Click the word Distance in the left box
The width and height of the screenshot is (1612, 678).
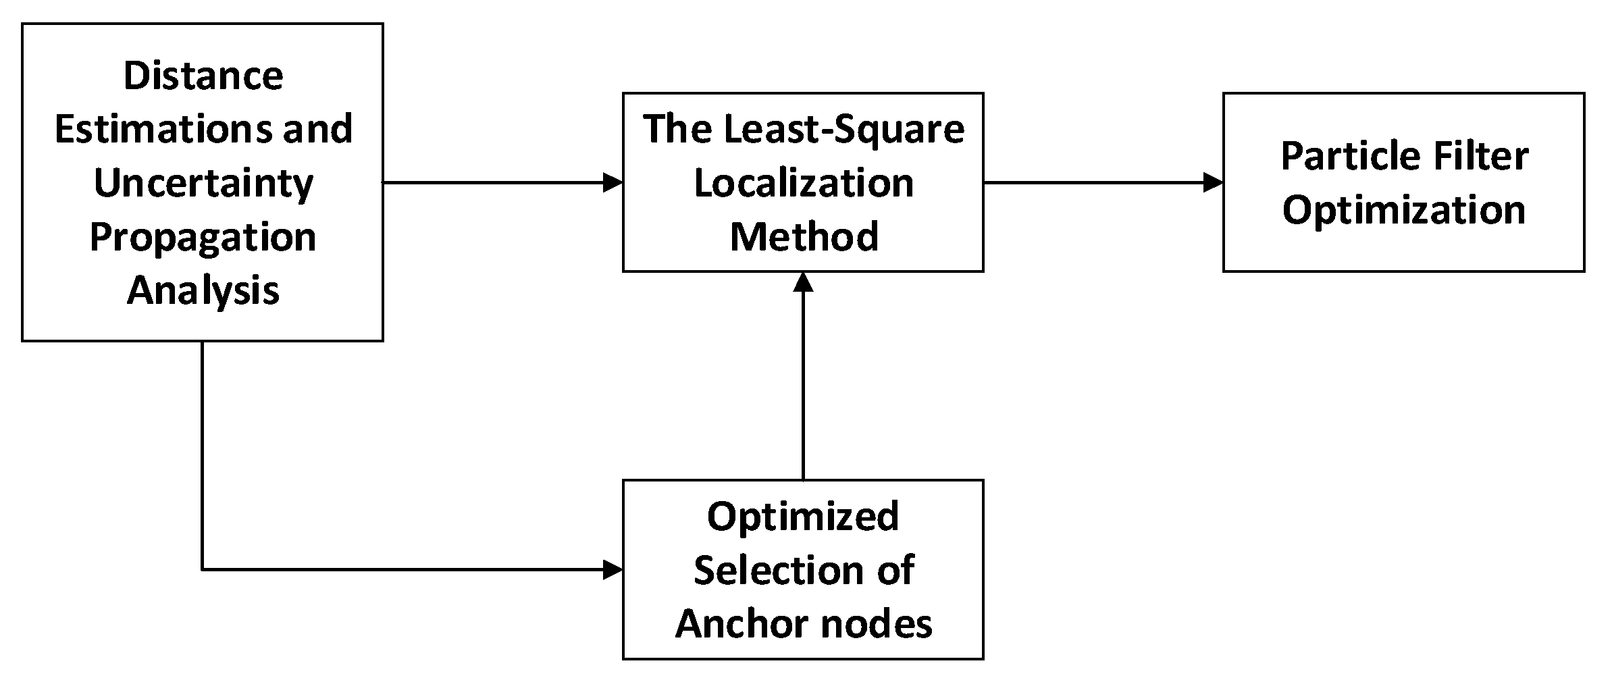pos(203,76)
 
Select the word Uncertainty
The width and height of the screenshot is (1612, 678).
pos(203,184)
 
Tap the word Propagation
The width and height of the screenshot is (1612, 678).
pos(203,238)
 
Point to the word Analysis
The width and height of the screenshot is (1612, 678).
pos(203,291)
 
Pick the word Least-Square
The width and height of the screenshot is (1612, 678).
pos(843,129)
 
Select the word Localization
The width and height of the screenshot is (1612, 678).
pos(803,183)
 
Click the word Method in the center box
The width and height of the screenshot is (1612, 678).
pos(804,237)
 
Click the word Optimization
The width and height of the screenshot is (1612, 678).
pos(1403,210)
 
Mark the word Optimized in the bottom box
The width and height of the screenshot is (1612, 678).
pos(802,517)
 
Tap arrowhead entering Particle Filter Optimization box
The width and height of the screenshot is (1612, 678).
pos(1214,182)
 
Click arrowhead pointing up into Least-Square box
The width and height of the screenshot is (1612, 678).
pos(803,282)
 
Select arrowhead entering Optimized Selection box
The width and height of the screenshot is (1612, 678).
pos(613,570)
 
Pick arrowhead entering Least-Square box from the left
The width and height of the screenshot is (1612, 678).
pos(613,182)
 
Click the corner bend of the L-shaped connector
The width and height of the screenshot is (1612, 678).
pos(203,570)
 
